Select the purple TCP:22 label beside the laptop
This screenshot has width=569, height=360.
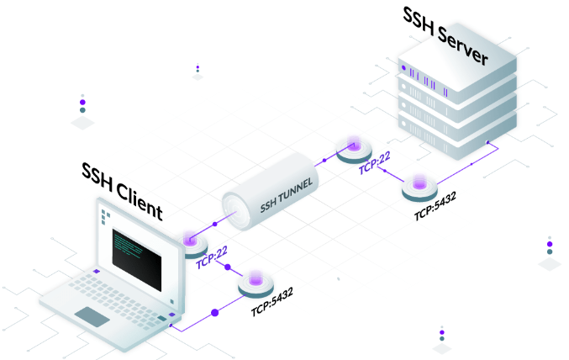[211, 257]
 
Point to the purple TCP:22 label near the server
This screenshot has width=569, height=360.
[374, 161]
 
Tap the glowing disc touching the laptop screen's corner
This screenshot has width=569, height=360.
[195, 242]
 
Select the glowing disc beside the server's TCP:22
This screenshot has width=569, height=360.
[353, 149]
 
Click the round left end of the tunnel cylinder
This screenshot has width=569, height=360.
[236, 208]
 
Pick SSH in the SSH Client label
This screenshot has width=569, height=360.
[97, 174]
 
